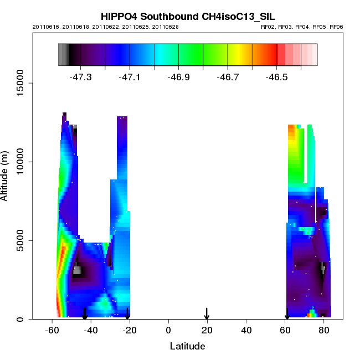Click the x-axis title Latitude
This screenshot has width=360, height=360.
coord(187,347)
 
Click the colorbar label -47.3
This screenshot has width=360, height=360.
coord(81,77)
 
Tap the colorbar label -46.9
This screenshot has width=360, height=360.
coord(178,77)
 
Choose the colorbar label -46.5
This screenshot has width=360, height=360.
coord(276,77)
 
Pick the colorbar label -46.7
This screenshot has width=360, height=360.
coord(228,77)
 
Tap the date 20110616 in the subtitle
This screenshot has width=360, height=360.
coord(45,27)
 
